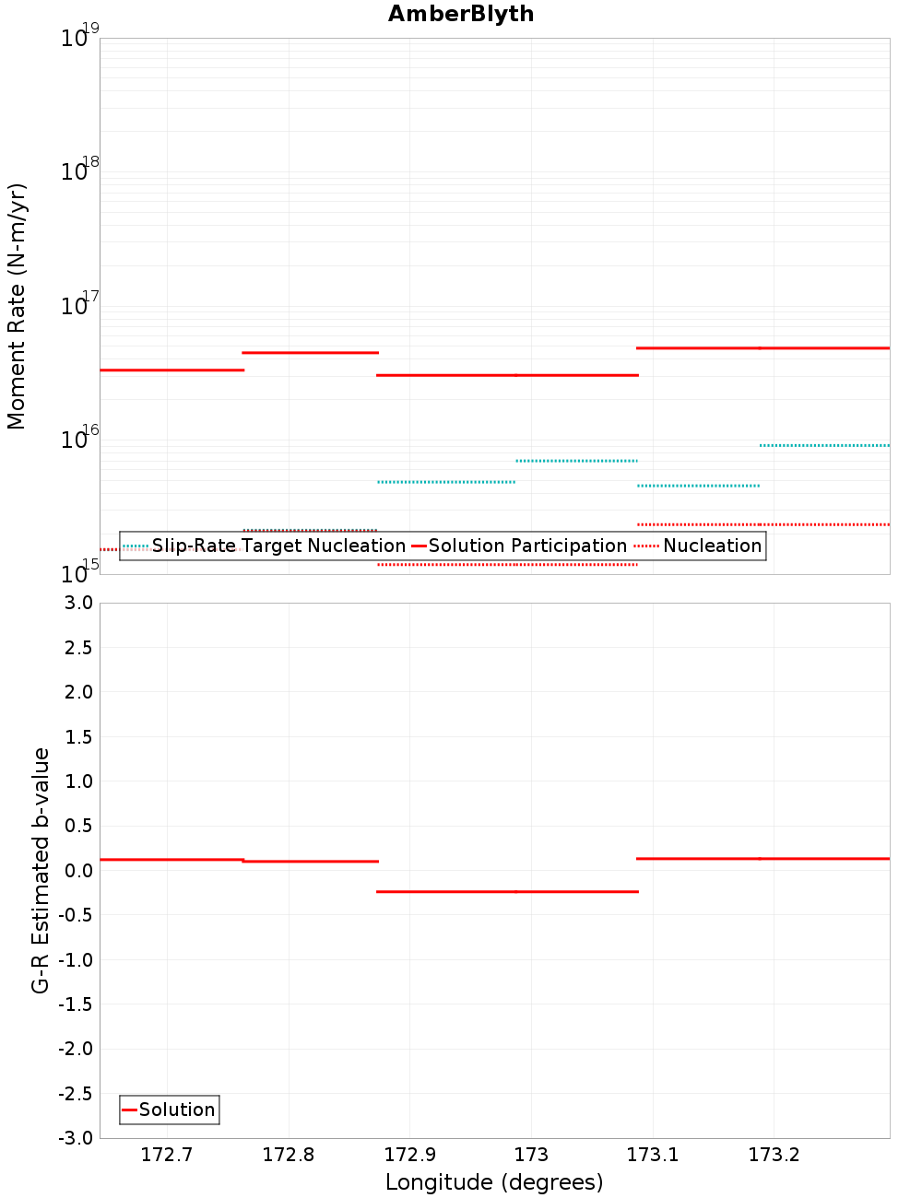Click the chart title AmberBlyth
pyautogui.click(x=461, y=14)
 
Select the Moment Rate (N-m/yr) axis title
pyautogui.click(x=17, y=306)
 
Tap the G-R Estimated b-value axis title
pyautogui.click(x=41, y=870)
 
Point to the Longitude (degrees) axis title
pyautogui.click(x=494, y=1182)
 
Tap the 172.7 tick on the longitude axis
pyautogui.click(x=167, y=1155)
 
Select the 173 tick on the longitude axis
pyautogui.click(x=531, y=1155)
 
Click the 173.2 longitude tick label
pyautogui.click(x=774, y=1155)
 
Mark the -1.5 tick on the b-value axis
pyautogui.click(x=76, y=1004)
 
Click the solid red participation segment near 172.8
pyautogui.click(x=310, y=352)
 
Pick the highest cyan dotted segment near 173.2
pyautogui.click(x=824, y=445)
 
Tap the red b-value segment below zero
pyautogui.click(x=507, y=891)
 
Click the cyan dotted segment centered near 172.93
pyautogui.click(x=446, y=482)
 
